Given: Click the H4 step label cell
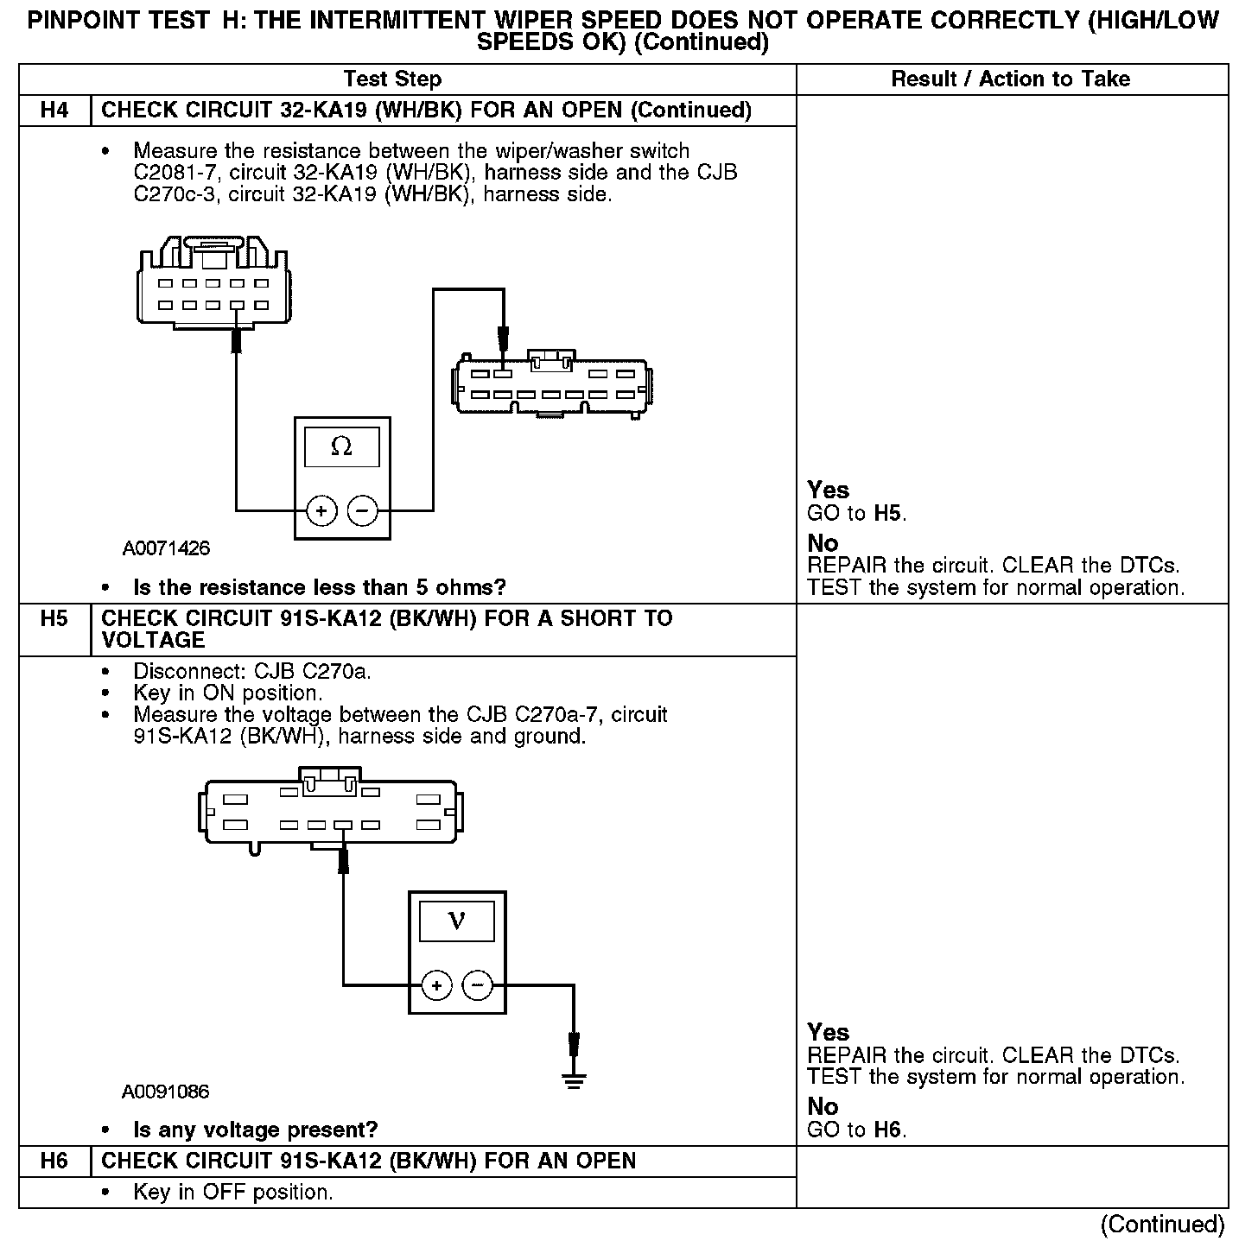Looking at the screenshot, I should [54, 111].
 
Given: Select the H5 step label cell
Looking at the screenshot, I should [54, 619].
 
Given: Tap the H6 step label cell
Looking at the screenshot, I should [54, 1162].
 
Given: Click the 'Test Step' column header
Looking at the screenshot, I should [392, 79].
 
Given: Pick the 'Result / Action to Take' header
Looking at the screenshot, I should [1010, 79].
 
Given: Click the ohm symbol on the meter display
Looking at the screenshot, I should [341, 446].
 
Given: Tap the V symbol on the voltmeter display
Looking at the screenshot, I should [457, 921].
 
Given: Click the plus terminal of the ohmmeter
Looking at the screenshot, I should [321, 511].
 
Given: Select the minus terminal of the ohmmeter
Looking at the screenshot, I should [362, 511].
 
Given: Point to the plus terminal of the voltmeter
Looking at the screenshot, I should [436, 985].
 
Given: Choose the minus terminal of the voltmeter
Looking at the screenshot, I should [477, 985].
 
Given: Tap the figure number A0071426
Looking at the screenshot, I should [166, 548].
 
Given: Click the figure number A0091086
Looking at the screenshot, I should [166, 1092].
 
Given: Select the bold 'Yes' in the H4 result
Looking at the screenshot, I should [828, 491].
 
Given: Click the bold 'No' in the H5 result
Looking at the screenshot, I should [823, 1107].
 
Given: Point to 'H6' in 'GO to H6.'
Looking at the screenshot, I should [888, 1130].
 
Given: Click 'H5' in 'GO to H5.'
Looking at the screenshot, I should [888, 514].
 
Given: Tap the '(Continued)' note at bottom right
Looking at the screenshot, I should [1161, 1225].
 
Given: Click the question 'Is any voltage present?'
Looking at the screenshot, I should [255, 1130].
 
